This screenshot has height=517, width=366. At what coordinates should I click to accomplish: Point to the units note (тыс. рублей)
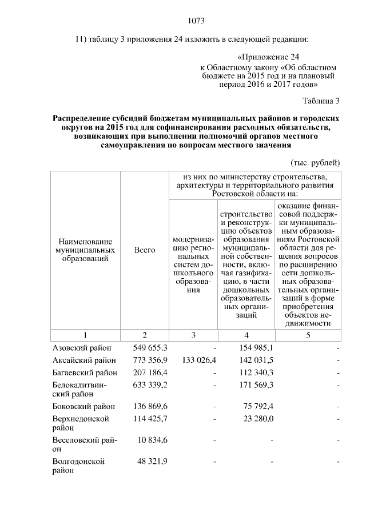point(316,162)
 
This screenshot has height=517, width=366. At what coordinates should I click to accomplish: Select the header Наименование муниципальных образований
point(85,250)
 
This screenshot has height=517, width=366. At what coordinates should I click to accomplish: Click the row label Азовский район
point(82,347)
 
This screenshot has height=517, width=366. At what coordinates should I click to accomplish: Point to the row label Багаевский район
point(85,372)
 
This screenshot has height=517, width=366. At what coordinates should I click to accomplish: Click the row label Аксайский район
point(83,360)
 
